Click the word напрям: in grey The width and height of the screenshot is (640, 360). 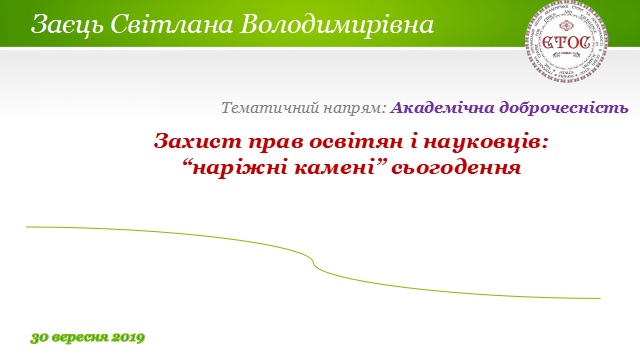tap(351, 106)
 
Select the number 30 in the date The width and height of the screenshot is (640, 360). tap(39, 337)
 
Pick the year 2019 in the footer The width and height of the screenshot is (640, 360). tap(129, 337)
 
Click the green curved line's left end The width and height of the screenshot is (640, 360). tap(28, 227)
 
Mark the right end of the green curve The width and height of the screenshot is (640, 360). tap(598, 298)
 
